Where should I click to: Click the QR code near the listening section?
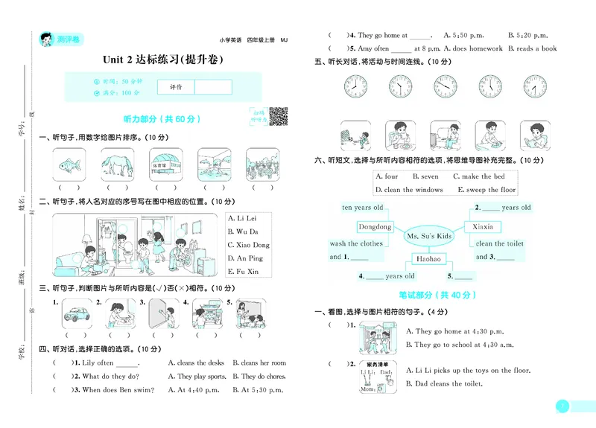[x=278, y=117]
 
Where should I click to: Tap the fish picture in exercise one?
[x=69, y=162]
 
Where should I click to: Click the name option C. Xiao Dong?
[x=249, y=244]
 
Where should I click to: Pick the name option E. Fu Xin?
[x=244, y=272]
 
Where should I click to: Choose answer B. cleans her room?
[x=259, y=363]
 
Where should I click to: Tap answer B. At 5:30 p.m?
[x=259, y=390]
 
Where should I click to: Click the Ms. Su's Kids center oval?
[x=429, y=236]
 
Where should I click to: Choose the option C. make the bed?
[x=478, y=176]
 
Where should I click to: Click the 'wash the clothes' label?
[x=356, y=243]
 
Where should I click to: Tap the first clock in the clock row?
[x=356, y=86]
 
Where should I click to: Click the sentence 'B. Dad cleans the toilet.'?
[x=444, y=384]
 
